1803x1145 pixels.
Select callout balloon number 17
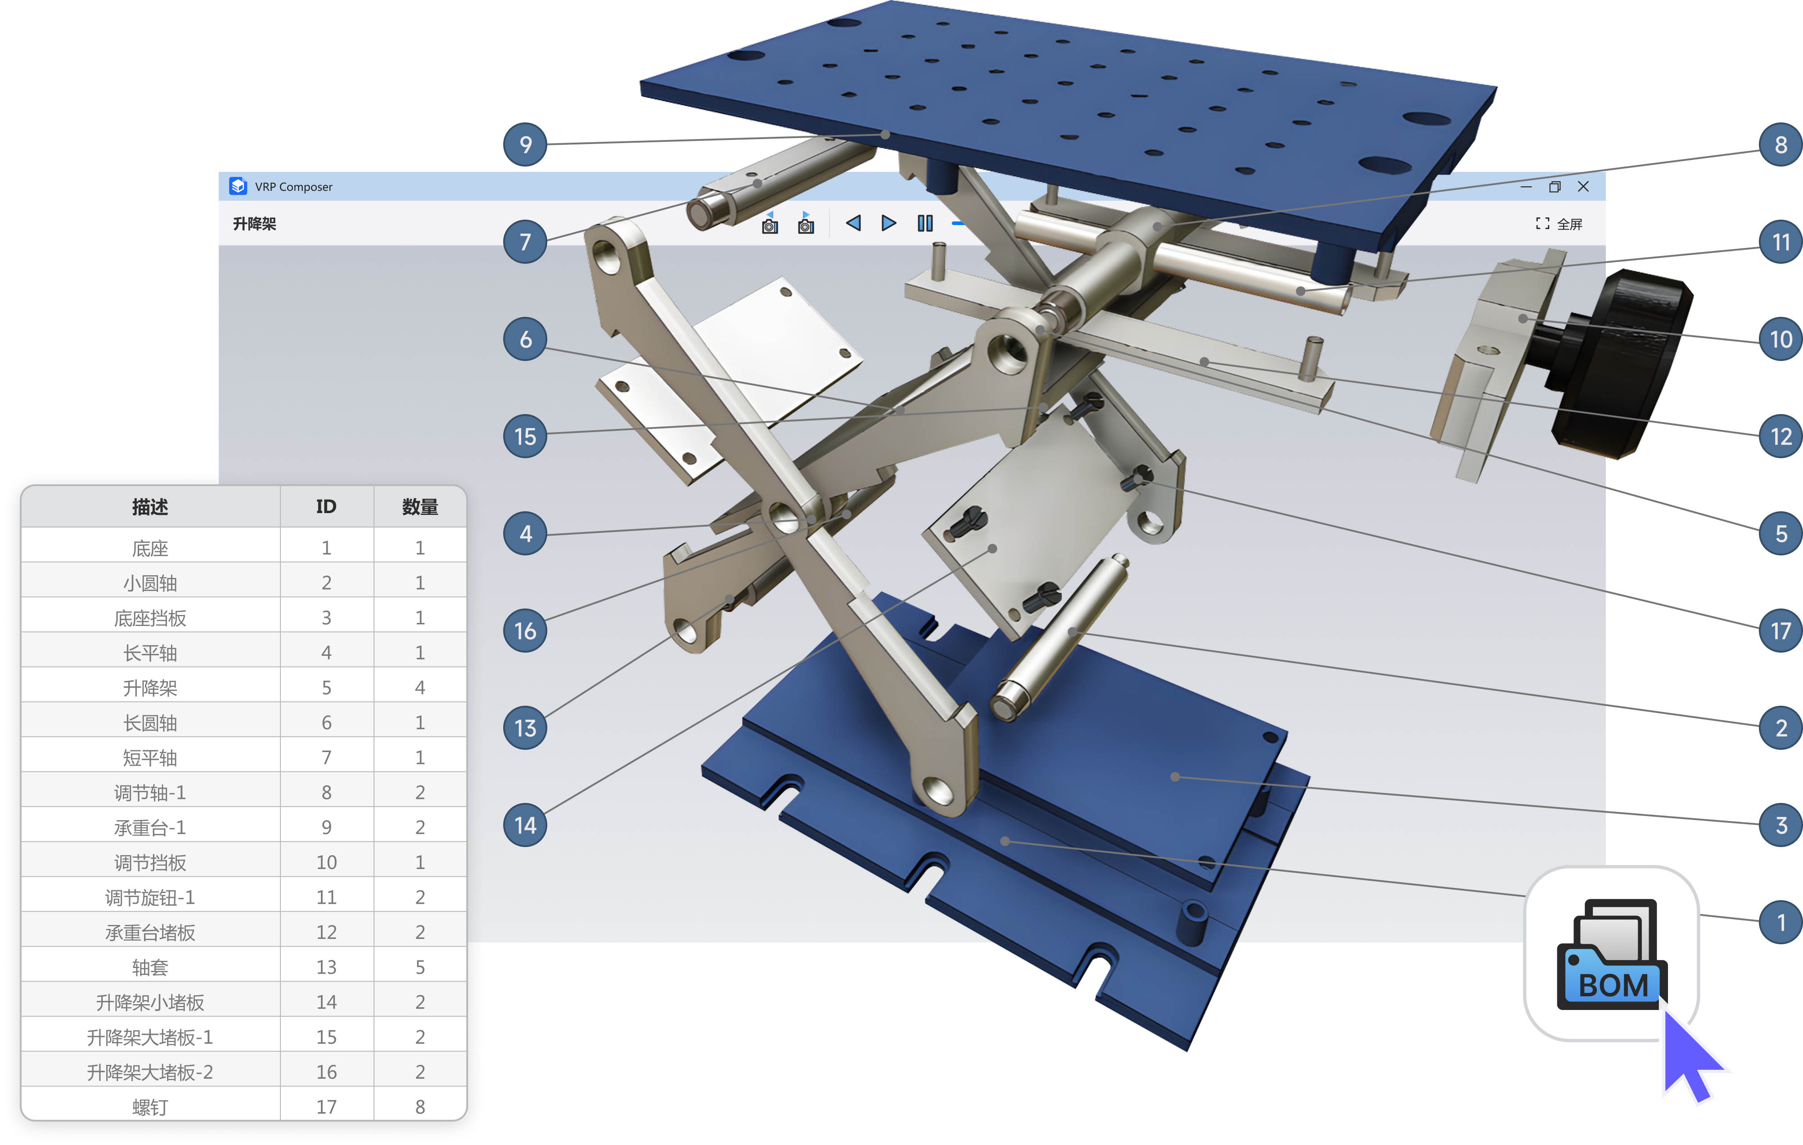1780,631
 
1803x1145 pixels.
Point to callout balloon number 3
1780,825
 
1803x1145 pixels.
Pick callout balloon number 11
1780,242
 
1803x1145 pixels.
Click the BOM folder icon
1611,954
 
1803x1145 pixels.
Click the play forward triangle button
889,223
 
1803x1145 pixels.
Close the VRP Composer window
1583,186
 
